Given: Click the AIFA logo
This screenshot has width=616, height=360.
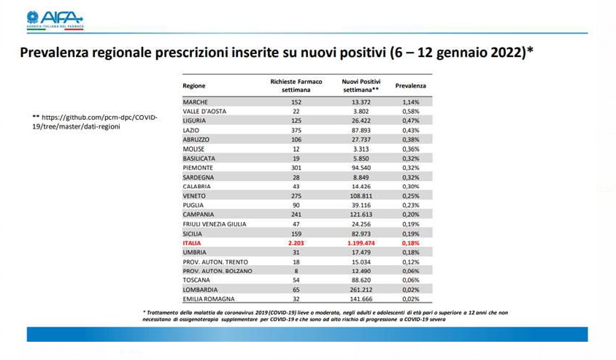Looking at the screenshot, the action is pyautogui.click(x=55, y=20).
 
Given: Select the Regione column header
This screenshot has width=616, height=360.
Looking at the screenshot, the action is pyautogui.click(x=194, y=85).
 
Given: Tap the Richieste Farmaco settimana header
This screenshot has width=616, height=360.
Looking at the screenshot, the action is pyautogui.click(x=296, y=85).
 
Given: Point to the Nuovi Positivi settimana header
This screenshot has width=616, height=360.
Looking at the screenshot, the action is pyautogui.click(x=361, y=85).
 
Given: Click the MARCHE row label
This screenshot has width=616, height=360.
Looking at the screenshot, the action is pyautogui.click(x=196, y=102).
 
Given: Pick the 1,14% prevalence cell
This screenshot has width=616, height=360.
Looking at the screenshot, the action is pyautogui.click(x=410, y=102).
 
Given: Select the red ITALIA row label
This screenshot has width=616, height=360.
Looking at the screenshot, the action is pyautogui.click(x=192, y=243).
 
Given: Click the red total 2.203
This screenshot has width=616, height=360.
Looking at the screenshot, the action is pyautogui.click(x=296, y=243).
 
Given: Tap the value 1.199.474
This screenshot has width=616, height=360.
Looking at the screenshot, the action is pyautogui.click(x=361, y=243).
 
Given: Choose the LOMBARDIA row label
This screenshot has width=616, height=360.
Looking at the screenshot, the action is pyautogui.click(x=200, y=290).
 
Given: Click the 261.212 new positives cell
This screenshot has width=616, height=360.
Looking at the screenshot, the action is pyautogui.click(x=361, y=290).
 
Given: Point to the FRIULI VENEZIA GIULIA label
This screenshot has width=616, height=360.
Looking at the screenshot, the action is pyautogui.click(x=215, y=224).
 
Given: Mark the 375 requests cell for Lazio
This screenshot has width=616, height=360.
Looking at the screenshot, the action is pyautogui.click(x=296, y=130).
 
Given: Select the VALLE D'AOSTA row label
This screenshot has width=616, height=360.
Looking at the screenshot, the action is pyautogui.click(x=204, y=111).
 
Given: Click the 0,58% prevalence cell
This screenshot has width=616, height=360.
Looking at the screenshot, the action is pyautogui.click(x=410, y=111).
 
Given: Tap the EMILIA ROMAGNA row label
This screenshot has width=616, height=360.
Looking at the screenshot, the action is pyautogui.click(x=209, y=299).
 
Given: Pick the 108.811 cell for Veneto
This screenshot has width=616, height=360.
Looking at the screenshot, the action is pyautogui.click(x=361, y=196).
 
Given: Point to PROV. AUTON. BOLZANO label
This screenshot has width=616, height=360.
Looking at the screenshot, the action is pyautogui.click(x=217, y=271).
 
